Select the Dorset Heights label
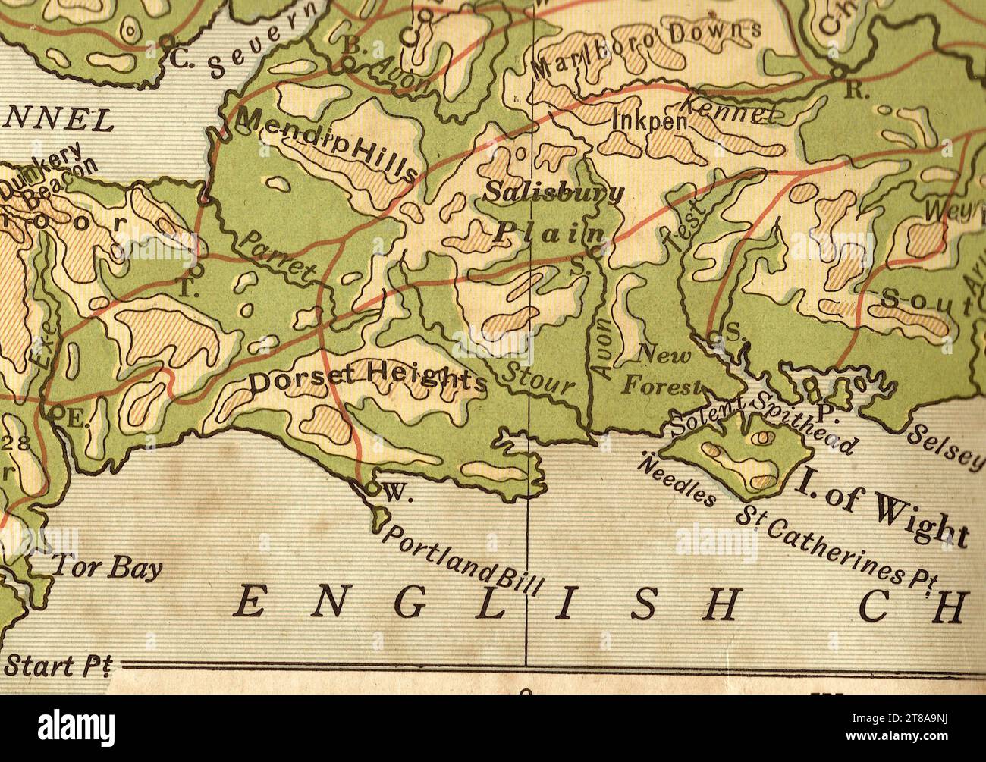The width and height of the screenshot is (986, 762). tap(368, 378)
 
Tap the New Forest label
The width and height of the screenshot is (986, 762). tap(662, 371)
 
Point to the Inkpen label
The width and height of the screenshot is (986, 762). tap(650, 121)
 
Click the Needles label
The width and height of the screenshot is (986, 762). tap(678, 481)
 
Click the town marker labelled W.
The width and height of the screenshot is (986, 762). tap(372, 488)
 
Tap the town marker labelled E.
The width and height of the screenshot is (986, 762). tap(56, 413)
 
